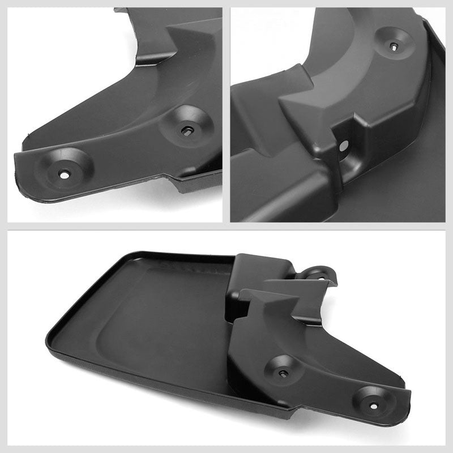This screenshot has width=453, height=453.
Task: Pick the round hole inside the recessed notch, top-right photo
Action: click(x=344, y=146)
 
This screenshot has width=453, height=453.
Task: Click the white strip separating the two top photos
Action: click(x=226, y=113)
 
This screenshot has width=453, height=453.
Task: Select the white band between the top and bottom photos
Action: click(x=226, y=226)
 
